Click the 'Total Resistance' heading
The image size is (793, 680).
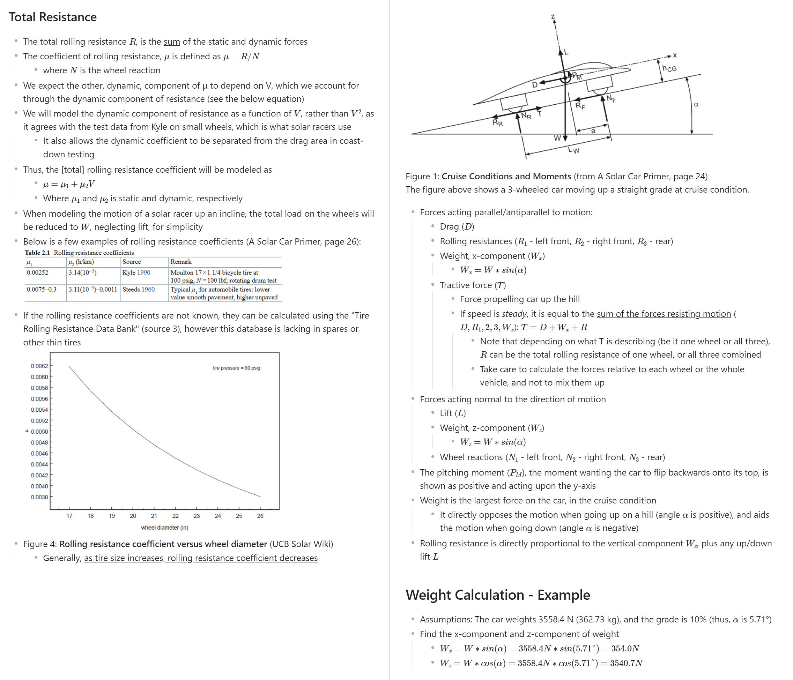pyautogui.click(x=53, y=17)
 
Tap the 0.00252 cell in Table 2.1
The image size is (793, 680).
pyautogui.click(x=37, y=272)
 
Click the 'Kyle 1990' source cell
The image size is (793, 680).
pyautogui.click(x=136, y=272)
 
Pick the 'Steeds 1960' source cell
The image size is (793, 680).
pyautogui.click(x=139, y=289)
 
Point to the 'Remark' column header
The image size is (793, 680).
pyautogui.click(x=181, y=262)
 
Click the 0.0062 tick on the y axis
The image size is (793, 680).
pyautogui.click(x=39, y=366)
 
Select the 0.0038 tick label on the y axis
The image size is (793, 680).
pyautogui.click(x=39, y=497)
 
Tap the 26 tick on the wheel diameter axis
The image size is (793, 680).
pyautogui.click(x=260, y=516)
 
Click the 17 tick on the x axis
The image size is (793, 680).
pyautogui.click(x=69, y=516)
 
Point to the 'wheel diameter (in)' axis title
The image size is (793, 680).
pyautogui.click(x=165, y=528)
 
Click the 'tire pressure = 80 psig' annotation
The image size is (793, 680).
pyautogui.click(x=236, y=368)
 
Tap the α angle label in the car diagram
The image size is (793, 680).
pyautogui.click(x=696, y=104)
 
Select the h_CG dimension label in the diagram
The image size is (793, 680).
pyautogui.click(x=669, y=68)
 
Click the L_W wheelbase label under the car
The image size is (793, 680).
pyautogui.click(x=573, y=150)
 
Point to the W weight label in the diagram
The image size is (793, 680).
pyautogui.click(x=557, y=138)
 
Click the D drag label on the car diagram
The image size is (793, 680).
pyautogui.click(x=535, y=85)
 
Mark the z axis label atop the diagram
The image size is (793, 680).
pyautogui.click(x=553, y=17)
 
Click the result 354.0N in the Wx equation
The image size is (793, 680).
pyautogui.click(x=625, y=649)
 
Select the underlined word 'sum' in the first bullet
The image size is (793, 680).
pyautogui.click(x=171, y=42)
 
